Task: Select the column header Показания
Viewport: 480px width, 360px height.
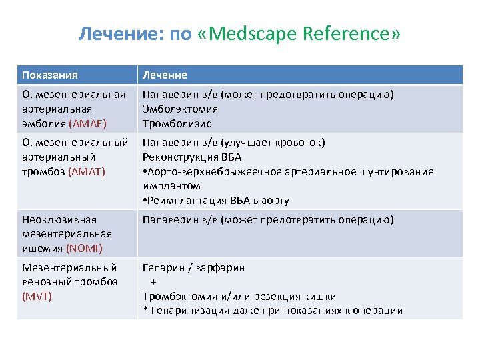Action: [50, 75]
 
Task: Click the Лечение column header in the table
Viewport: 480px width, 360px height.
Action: [165, 75]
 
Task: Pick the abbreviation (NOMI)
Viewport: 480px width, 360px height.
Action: [84, 249]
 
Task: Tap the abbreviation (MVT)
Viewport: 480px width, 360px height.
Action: [37, 296]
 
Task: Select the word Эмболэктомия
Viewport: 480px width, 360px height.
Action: [180, 109]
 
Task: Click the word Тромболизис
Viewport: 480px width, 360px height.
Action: [177, 123]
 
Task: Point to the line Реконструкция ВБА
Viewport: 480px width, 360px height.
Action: [192, 157]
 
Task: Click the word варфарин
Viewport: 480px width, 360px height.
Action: [221, 267]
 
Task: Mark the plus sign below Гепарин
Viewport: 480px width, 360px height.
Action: [153, 282]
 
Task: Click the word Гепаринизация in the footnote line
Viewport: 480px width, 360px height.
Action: [185, 310]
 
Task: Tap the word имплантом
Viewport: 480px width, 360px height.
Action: [171, 187]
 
